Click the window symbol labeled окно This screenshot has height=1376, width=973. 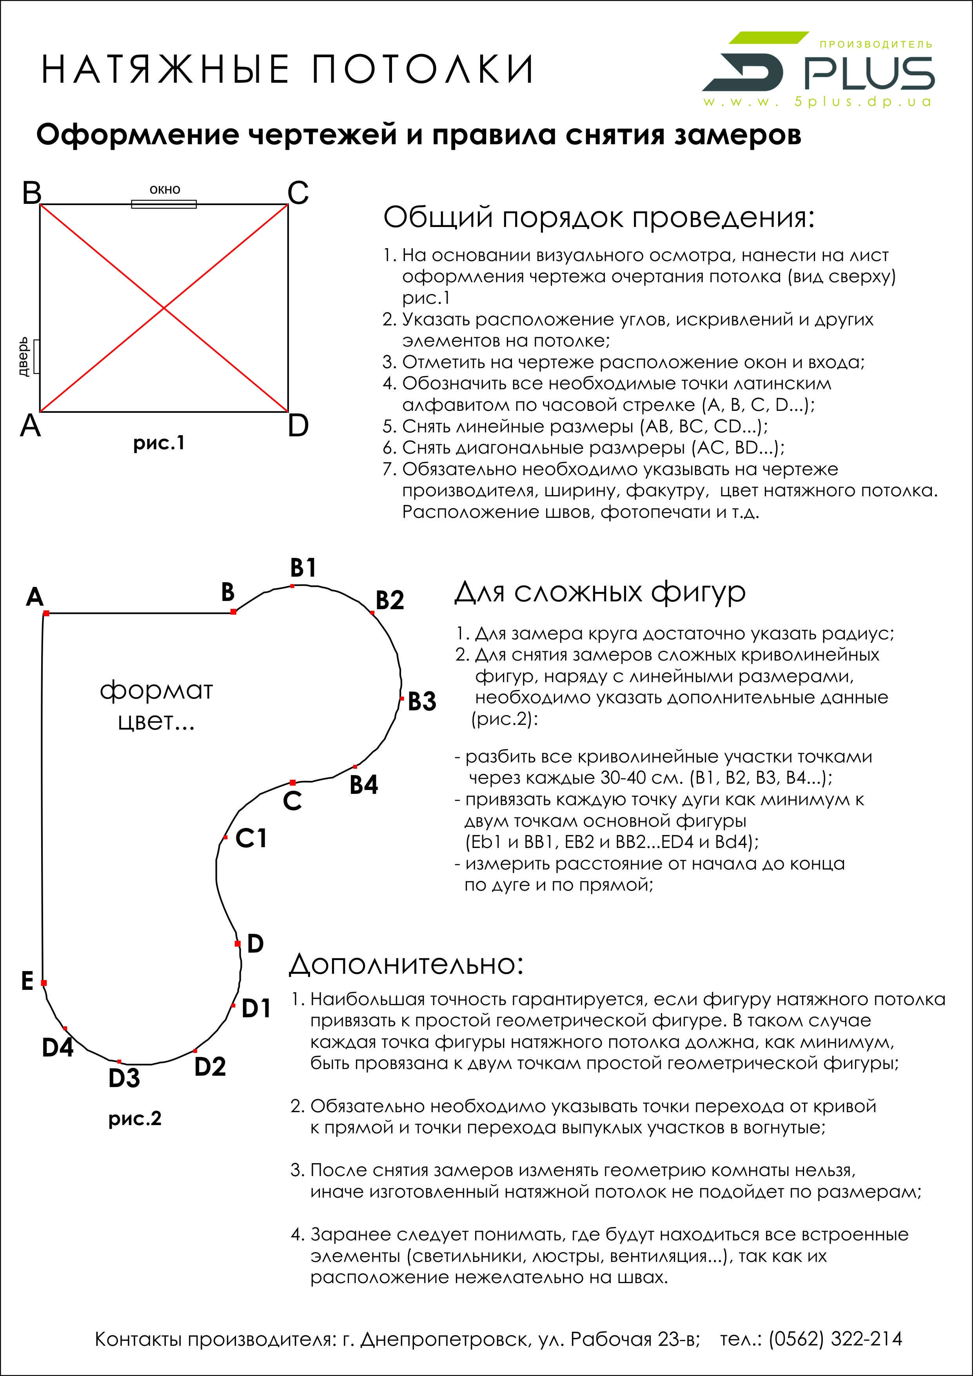[163, 204]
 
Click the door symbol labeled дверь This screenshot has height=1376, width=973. [36, 357]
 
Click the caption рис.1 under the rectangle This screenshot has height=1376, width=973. [159, 443]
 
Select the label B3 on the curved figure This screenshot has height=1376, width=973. [422, 701]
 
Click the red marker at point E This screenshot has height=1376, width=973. [44, 983]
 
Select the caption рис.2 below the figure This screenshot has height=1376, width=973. [135, 1118]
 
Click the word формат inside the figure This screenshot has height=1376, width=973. [156, 690]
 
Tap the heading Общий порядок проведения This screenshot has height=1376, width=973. [599, 218]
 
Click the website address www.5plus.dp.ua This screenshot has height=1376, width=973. [817, 102]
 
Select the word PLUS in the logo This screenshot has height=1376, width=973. [868, 74]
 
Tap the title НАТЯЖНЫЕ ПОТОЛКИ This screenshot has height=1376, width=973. [287, 69]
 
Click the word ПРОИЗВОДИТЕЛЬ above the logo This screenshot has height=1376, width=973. [875, 44]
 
